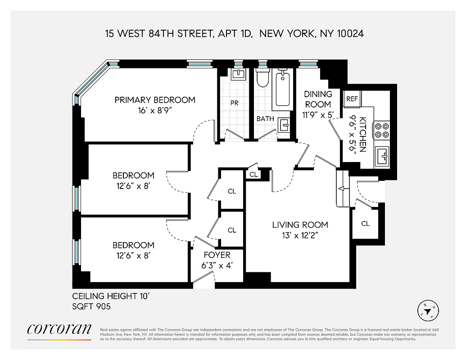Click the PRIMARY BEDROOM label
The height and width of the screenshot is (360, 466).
pos(155,100)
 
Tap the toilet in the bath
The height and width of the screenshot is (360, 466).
pos(262,79)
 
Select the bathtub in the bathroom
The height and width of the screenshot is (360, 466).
pos(283,88)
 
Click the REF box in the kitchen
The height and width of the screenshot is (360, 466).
pos(352,99)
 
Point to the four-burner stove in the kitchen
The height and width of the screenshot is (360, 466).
pos(382,130)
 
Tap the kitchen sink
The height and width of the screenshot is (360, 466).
pos(383,156)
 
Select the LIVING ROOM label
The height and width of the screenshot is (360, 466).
pos(300,225)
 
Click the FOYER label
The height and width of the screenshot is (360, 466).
pos(217,255)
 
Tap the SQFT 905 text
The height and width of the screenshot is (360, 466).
pos(91,307)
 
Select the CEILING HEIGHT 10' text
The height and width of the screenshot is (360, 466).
pos(111,296)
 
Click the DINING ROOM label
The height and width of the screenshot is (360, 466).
pos(318,99)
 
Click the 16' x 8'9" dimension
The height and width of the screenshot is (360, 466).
pos(155,111)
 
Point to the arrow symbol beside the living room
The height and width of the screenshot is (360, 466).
pos(341,189)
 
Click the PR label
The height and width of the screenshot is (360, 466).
pos(234,103)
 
